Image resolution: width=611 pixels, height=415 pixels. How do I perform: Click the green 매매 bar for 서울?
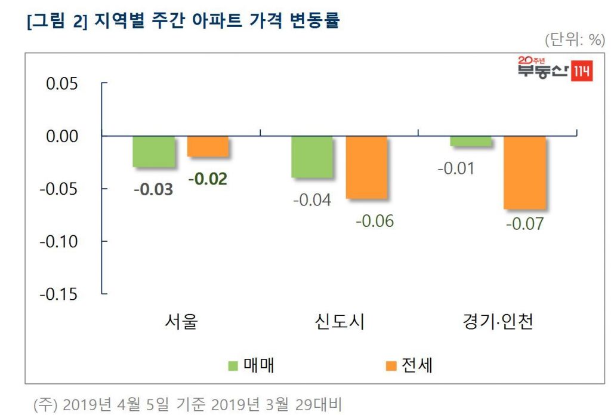click(x=153, y=152)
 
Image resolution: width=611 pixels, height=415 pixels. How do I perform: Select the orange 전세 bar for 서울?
click(x=208, y=146)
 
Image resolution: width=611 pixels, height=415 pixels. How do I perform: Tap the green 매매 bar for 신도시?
click(x=312, y=156)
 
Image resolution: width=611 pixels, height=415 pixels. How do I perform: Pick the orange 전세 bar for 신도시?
click(x=366, y=167)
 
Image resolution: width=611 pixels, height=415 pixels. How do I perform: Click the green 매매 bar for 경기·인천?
click(x=471, y=141)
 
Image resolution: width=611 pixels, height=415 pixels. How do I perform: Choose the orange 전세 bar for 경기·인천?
click(x=524, y=173)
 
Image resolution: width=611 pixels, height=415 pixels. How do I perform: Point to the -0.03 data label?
click(x=153, y=190)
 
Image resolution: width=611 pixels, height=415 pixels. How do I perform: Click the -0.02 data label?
click(x=208, y=179)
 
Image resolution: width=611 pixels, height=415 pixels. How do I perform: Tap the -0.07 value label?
click(x=524, y=225)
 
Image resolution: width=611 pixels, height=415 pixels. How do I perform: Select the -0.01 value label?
click(x=456, y=168)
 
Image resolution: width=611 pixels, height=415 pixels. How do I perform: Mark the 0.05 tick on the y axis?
click(x=62, y=84)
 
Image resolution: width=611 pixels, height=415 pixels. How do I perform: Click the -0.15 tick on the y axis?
click(x=58, y=294)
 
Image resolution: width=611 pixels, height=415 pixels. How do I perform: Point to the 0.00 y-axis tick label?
click(x=62, y=136)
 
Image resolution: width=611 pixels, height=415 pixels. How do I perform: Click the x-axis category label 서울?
click(x=181, y=322)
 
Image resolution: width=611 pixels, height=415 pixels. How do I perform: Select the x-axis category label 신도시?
click(x=339, y=322)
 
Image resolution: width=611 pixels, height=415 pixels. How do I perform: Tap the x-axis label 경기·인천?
click(x=498, y=322)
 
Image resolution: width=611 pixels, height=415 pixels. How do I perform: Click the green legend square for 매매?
click(x=234, y=365)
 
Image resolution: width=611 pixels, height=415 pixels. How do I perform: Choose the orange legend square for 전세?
click(x=391, y=365)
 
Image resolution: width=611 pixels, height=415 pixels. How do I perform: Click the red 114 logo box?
click(x=582, y=72)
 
